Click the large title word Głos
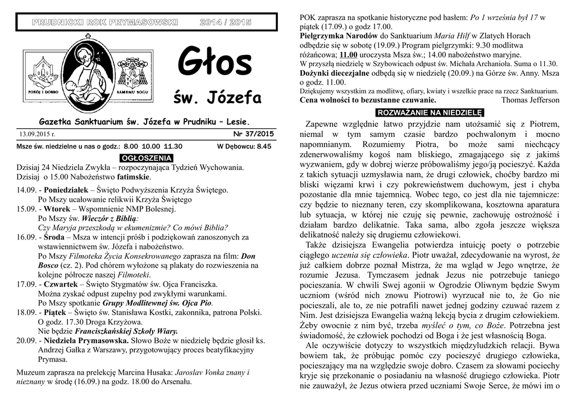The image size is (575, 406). (x=215, y=63)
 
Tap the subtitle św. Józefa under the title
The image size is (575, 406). (x=218, y=99)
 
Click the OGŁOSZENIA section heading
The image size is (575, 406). (x=147, y=158)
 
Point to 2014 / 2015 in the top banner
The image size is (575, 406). (x=225, y=22)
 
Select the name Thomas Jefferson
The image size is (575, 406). (x=530, y=100)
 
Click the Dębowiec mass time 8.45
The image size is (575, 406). (x=263, y=146)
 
